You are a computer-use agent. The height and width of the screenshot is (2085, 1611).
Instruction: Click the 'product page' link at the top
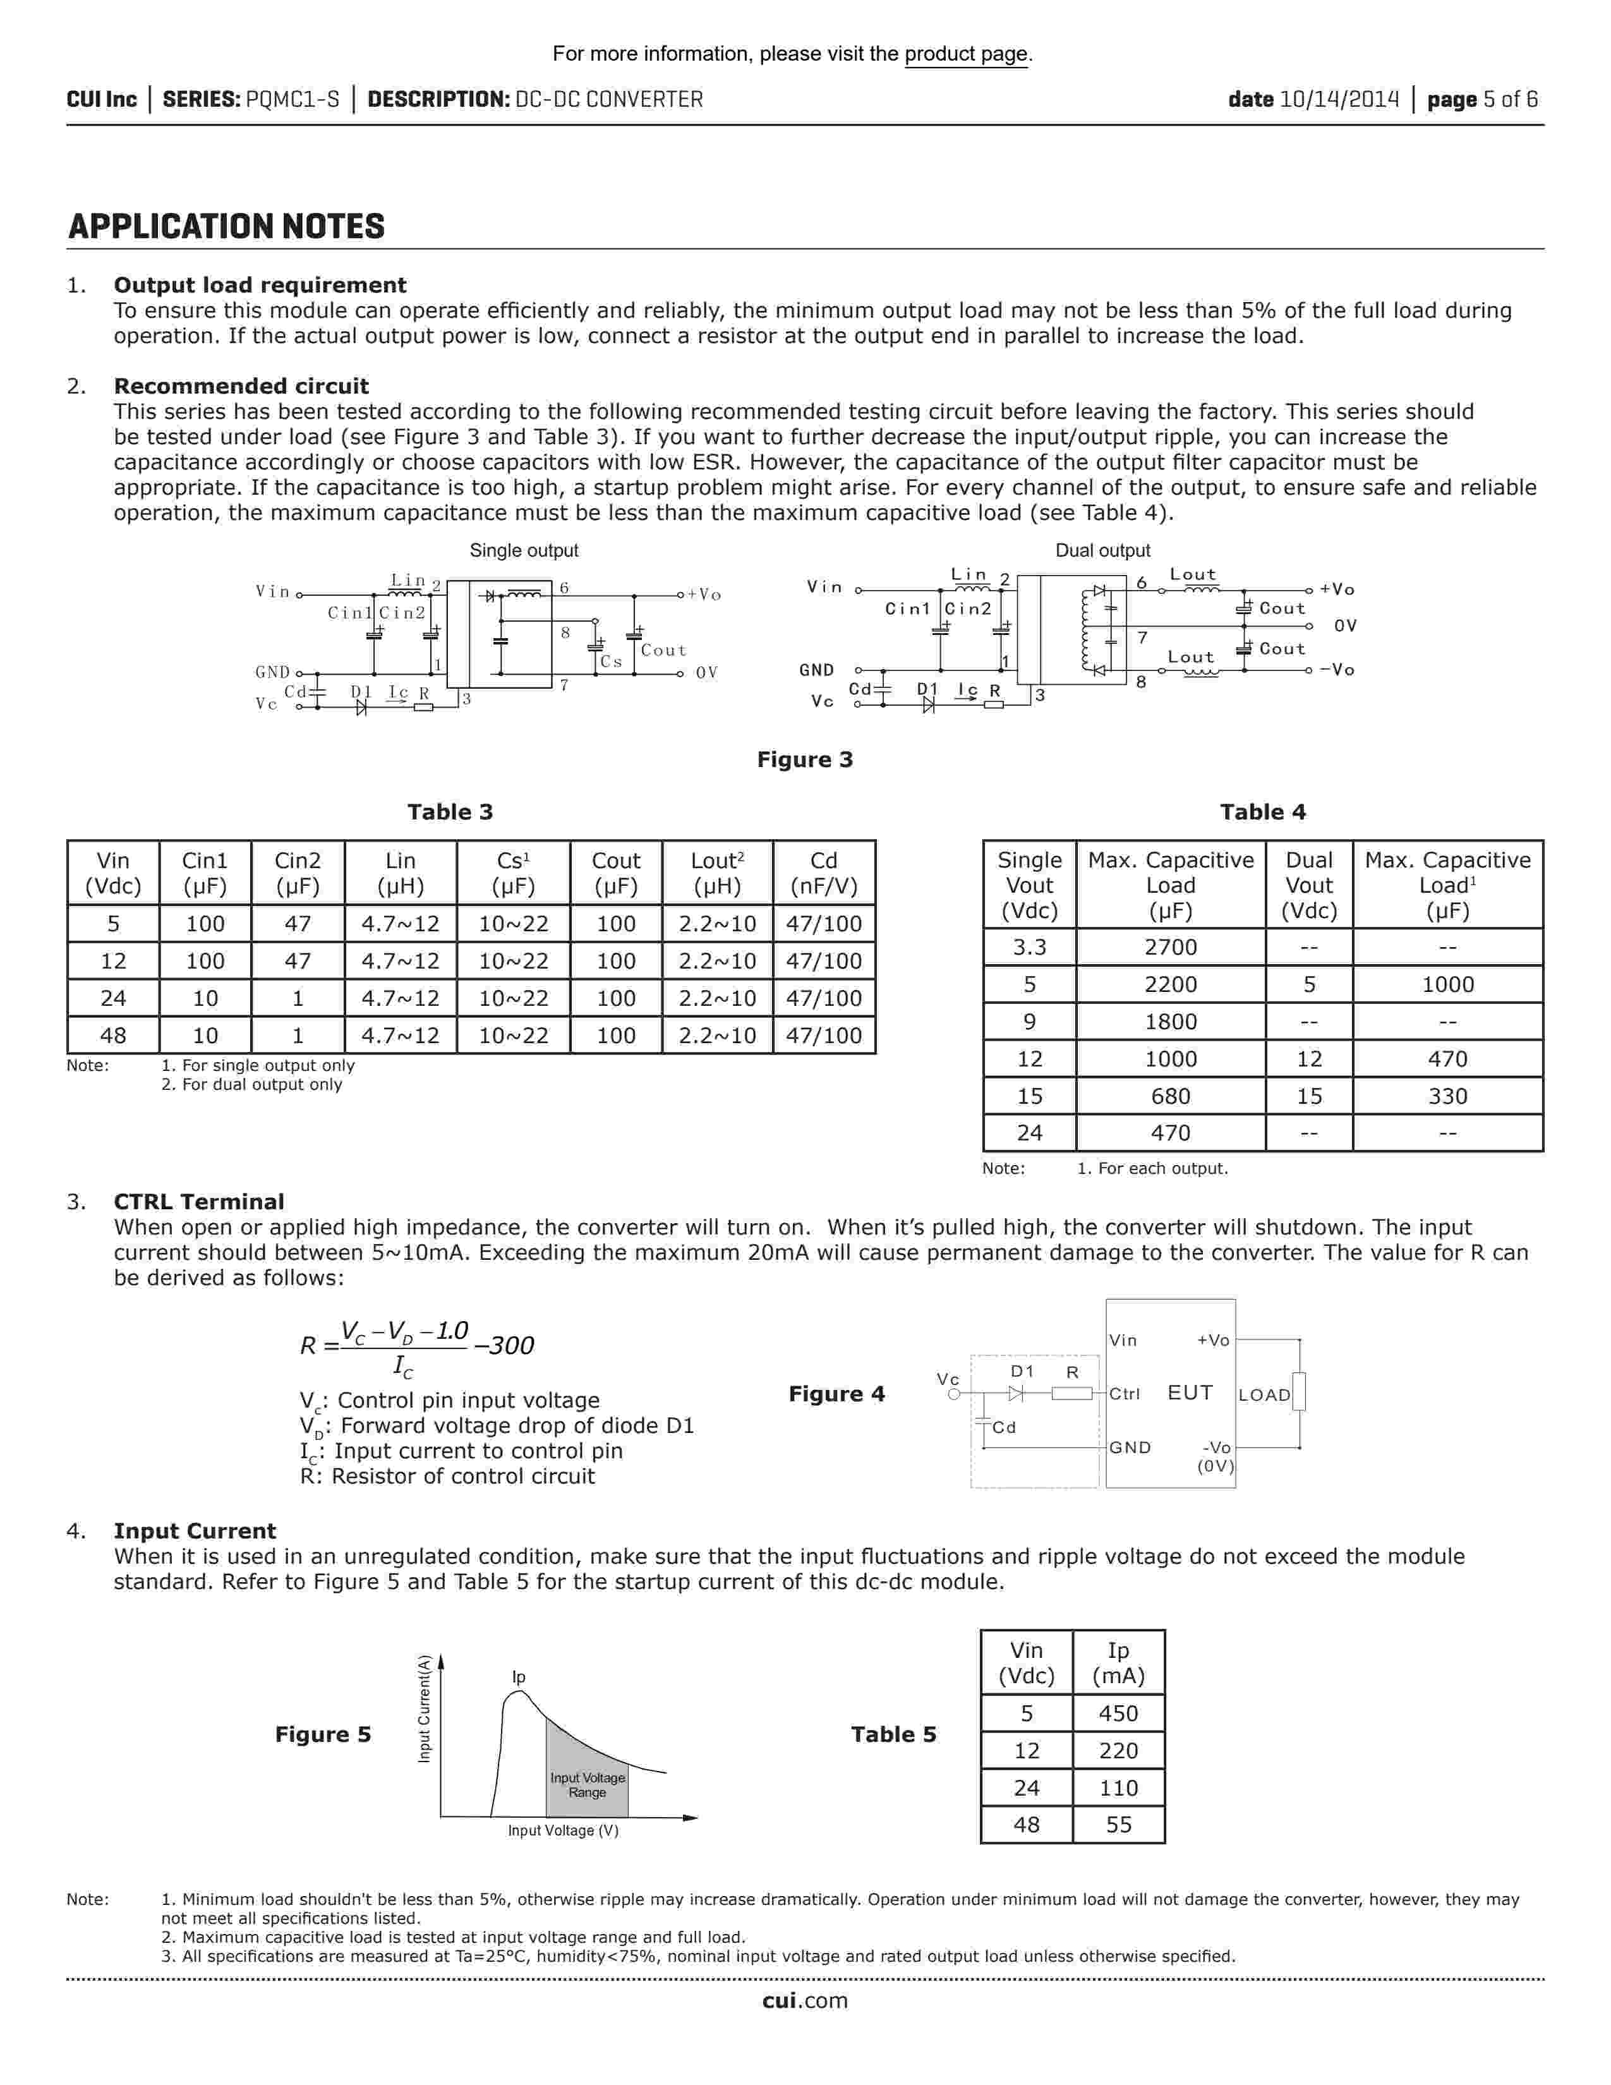[x=966, y=54]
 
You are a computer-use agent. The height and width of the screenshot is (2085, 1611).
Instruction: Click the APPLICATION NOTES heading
[x=226, y=227]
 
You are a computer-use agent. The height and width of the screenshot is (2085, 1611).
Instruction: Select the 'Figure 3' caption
[x=804, y=760]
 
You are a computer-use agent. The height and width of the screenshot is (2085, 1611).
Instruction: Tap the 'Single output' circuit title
[x=523, y=551]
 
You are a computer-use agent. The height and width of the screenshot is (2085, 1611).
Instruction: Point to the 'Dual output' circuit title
[x=1102, y=551]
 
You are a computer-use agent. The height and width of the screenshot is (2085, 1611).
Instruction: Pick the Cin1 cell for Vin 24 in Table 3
[x=205, y=998]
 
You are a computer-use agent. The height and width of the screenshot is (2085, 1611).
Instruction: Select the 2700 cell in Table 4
[x=1170, y=947]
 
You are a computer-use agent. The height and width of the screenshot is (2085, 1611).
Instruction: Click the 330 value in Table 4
[x=1447, y=1096]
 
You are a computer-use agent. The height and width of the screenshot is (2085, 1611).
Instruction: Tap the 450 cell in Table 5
[x=1118, y=1713]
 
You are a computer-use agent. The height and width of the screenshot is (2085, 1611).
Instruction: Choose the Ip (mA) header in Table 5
[x=1118, y=1663]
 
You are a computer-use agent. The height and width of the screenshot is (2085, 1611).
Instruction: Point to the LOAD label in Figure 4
[x=1264, y=1395]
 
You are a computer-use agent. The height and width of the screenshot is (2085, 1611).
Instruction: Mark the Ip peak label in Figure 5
[x=518, y=1677]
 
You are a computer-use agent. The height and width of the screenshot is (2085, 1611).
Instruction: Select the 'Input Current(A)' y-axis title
[x=425, y=1709]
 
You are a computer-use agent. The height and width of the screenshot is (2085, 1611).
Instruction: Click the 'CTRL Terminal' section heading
[x=198, y=1202]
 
